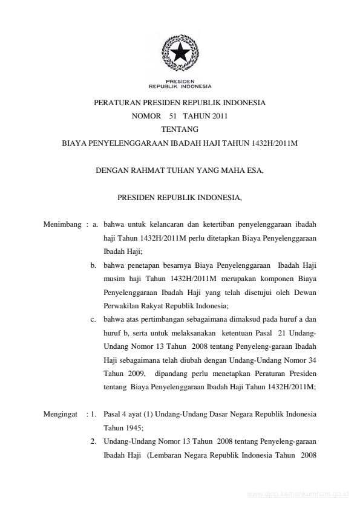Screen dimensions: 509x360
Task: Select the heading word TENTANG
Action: point(180,129)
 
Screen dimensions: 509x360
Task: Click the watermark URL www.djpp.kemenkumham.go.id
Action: point(299,494)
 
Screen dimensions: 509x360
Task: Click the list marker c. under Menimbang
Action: point(94,320)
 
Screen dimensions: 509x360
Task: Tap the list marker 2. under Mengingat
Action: point(94,441)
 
